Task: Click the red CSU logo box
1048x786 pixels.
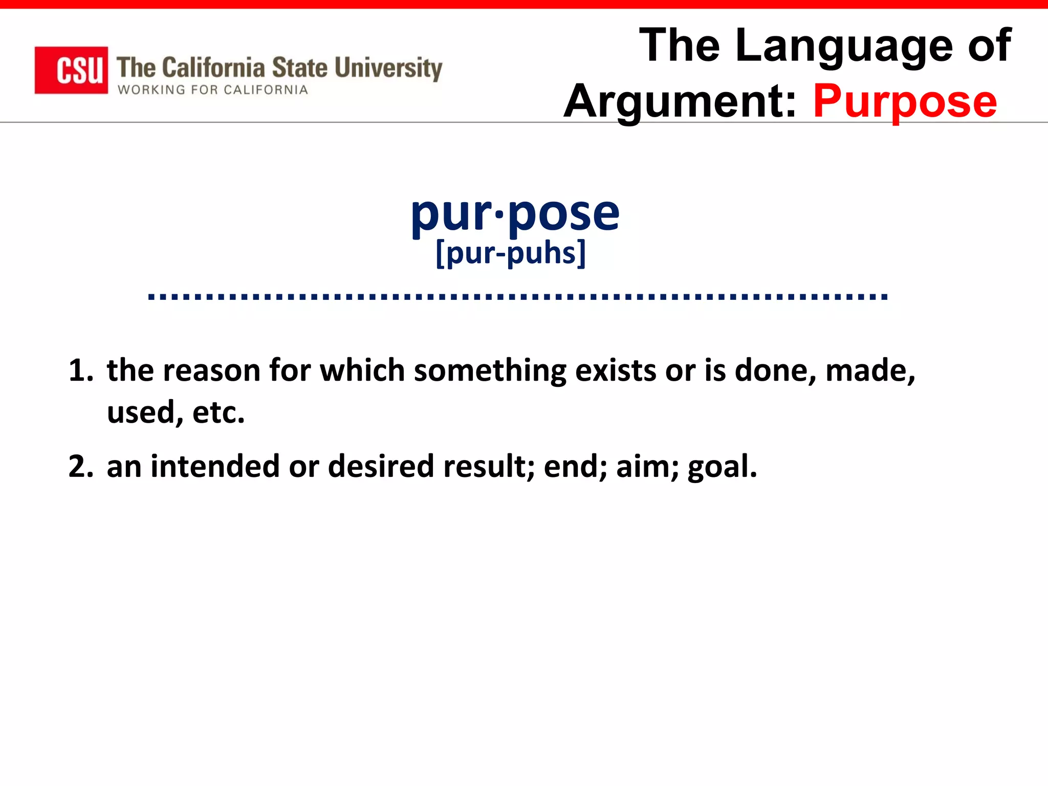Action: (71, 70)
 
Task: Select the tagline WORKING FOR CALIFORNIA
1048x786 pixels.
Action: (213, 90)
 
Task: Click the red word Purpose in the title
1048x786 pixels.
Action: (905, 101)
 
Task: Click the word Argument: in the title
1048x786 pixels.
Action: (680, 101)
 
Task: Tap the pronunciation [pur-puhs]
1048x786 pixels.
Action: (511, 253)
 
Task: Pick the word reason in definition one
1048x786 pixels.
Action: (211, 370)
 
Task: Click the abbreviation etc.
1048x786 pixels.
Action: (219, 412)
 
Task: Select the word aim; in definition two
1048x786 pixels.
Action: (647, 467)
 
